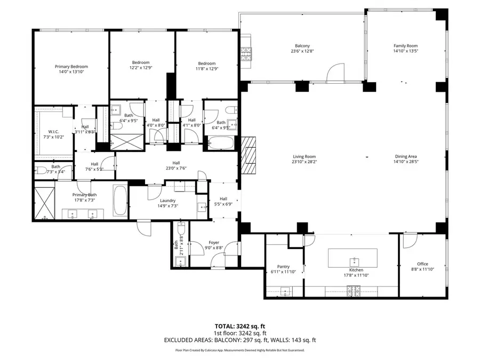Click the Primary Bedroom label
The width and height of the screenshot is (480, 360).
[71, 67]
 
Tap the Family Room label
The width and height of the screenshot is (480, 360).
[405, 46]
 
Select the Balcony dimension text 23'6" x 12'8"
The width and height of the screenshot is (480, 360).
[302, 52]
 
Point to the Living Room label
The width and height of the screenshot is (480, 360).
[304, 157]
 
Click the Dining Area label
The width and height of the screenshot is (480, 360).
[405, 157]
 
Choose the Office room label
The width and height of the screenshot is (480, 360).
[422, 264]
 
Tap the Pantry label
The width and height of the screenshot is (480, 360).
[283, 267]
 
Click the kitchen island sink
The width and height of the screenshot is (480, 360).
[353, 261]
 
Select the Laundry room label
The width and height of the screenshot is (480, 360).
[167, 201]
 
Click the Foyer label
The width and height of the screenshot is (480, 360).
[214, 242]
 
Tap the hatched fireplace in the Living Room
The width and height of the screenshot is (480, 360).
[249, 155]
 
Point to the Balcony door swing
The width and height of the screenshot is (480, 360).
[335, 73]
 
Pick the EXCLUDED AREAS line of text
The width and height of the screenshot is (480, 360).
[239, 339]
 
